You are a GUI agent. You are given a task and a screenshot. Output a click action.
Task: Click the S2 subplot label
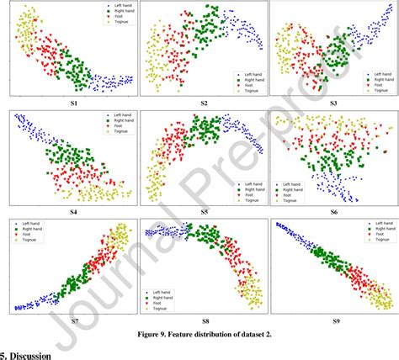pos(204,103)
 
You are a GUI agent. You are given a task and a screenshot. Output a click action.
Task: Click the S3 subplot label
pos(333,103)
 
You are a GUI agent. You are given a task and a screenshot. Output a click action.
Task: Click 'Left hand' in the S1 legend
pos(115,8)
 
